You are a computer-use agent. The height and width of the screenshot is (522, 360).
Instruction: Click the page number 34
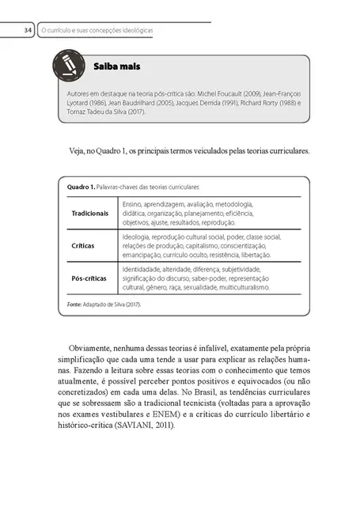tap(27, 30)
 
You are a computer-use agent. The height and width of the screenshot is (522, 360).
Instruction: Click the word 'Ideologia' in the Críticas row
tap(137, 236)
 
